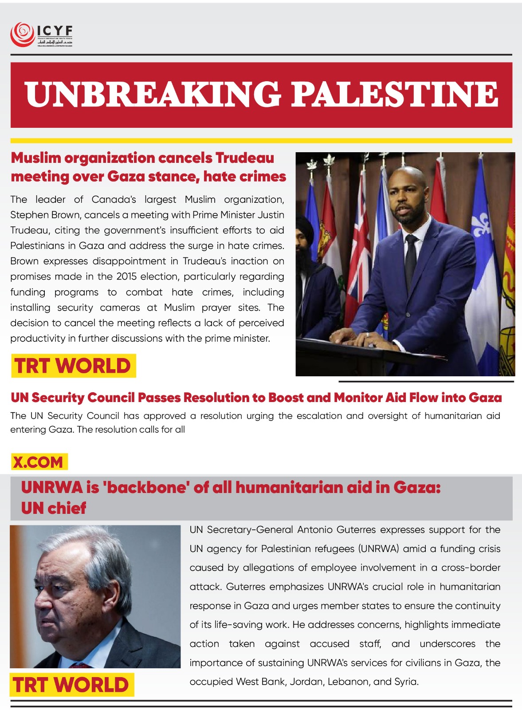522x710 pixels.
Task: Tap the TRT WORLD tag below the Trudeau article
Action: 73,366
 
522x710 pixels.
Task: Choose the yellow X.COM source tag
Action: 39,462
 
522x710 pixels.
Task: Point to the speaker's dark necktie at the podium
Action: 411,257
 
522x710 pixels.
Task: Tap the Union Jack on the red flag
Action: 360,248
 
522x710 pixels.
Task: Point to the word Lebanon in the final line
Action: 345,682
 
